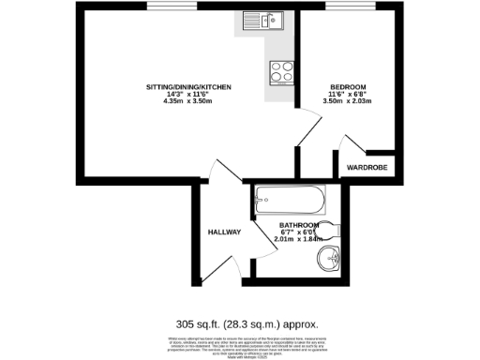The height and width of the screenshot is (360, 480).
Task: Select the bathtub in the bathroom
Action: tap(289, 199)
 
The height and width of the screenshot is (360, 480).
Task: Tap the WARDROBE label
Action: tap(366, 169)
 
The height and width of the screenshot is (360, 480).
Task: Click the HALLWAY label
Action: tap(224, 232)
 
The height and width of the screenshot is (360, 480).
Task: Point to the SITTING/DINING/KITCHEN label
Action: tap(188, 87)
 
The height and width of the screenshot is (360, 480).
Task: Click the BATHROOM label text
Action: tap(299, 226)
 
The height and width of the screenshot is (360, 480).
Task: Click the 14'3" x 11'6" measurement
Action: tap(188, 94)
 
